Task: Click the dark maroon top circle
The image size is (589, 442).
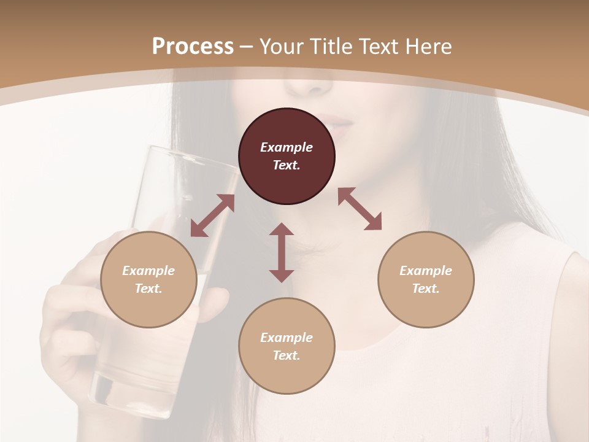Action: pyautogui.click(x=287, y=156)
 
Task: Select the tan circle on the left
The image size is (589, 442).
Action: pyautogui.click(x=148, y=279)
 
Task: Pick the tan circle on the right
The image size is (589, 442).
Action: pyautogui.click(x=426, y=279)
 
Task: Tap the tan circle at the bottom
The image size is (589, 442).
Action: pyautogui.click(x=287, y=346)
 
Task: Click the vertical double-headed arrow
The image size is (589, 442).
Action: pyautogui.click(x=282, y=252)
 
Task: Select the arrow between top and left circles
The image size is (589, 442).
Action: pyautogui.click(x=212, y=215)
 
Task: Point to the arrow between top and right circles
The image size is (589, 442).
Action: pyautogui.click(x=360, y=209)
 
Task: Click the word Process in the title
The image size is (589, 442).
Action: pyautogui.click(x=193, y=46)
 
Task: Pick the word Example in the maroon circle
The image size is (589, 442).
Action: pyautogui.click(x=287, y=147)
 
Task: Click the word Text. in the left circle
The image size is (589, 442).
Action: pyautogui.click(x=148, y=289)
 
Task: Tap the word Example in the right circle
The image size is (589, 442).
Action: pyautogui.click(x=426, y=271)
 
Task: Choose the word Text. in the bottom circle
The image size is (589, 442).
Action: pyautogui.click(x=287, y=355)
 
